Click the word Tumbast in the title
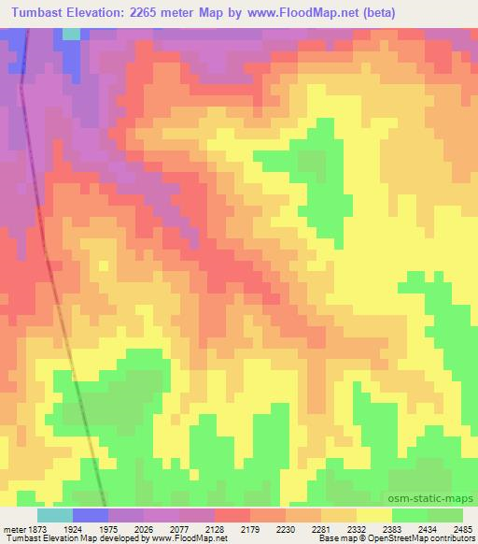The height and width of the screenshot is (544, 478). [x=39, y=13]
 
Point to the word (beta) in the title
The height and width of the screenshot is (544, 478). [x=395, y=13]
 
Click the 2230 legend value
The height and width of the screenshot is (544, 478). [x=300, y=528]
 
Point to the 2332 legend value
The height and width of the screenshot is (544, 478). [x=372, y=528]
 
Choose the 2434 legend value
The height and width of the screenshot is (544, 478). [x=443, y=528]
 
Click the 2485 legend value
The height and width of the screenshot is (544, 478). [x=464, y=528]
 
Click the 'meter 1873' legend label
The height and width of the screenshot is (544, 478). [x=27, y=528]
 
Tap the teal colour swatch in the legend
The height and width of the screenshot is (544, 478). [x=55, y=515]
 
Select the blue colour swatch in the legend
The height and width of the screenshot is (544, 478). [x=91, y=515]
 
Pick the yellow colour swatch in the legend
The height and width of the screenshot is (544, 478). [x=374, y=515]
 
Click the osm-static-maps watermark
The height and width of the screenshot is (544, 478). [x=432, y=498]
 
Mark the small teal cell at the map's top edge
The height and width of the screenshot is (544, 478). [x=71, y=34]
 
